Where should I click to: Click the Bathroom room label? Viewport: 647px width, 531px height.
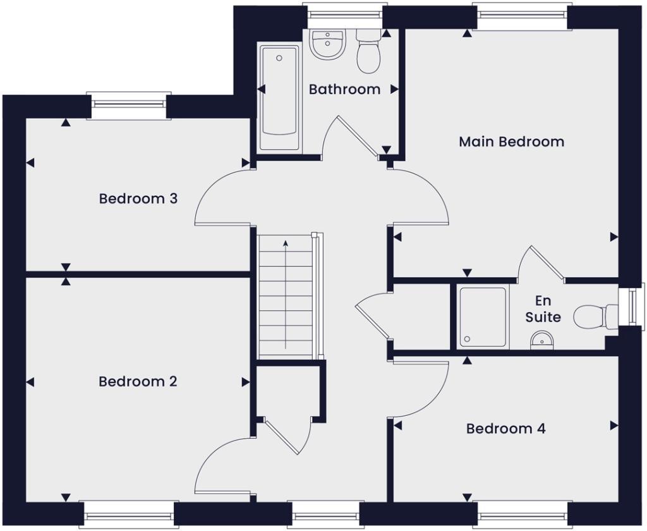point(344,89)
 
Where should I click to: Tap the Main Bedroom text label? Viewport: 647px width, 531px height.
point(511,141)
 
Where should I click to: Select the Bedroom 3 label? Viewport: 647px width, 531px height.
point(138,198)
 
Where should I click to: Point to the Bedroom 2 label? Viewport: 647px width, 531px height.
point(138,382)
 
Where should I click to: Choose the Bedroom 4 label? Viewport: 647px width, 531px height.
point(505,429)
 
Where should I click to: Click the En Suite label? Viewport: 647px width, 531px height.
point(543,308)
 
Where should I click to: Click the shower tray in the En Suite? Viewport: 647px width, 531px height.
point(483,317)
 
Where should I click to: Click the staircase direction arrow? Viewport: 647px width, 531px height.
point(286,294)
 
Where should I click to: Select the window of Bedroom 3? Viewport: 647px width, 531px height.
point(129,106)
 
